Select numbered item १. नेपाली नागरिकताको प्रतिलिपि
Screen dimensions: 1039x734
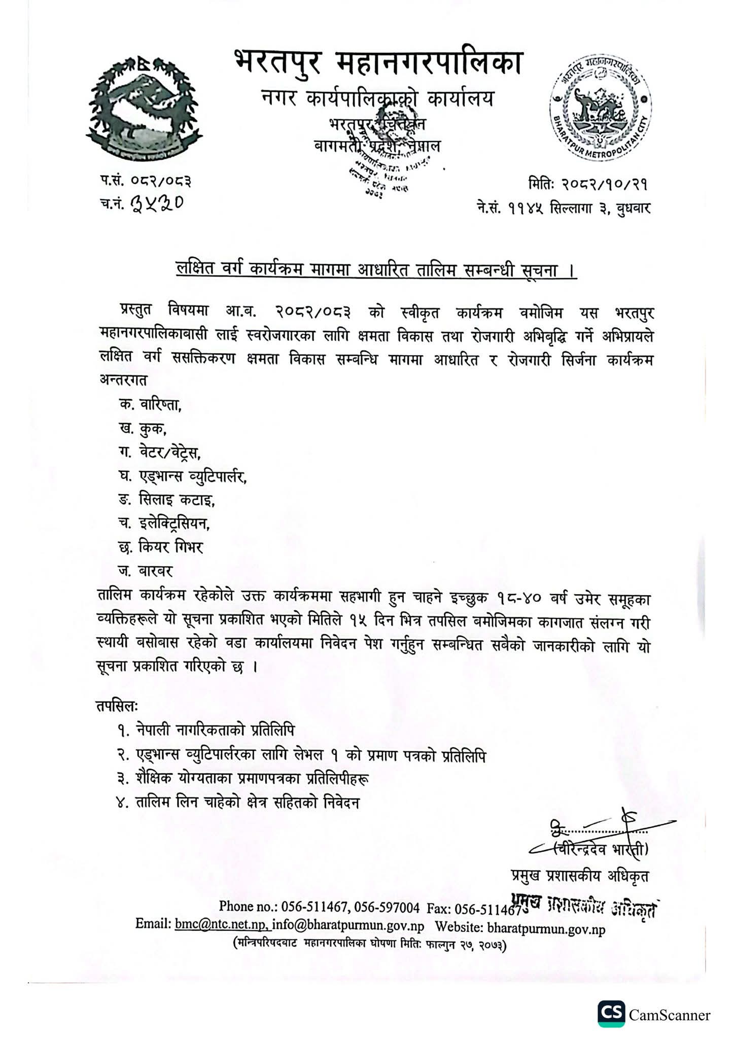click(205, 730)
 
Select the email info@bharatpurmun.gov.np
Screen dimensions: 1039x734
click(348, 924)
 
